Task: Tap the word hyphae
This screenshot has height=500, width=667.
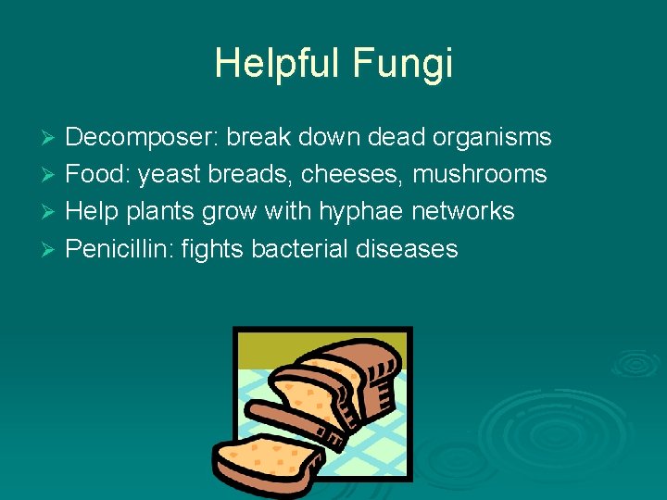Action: pyautogui.click(x=359, y=211)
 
